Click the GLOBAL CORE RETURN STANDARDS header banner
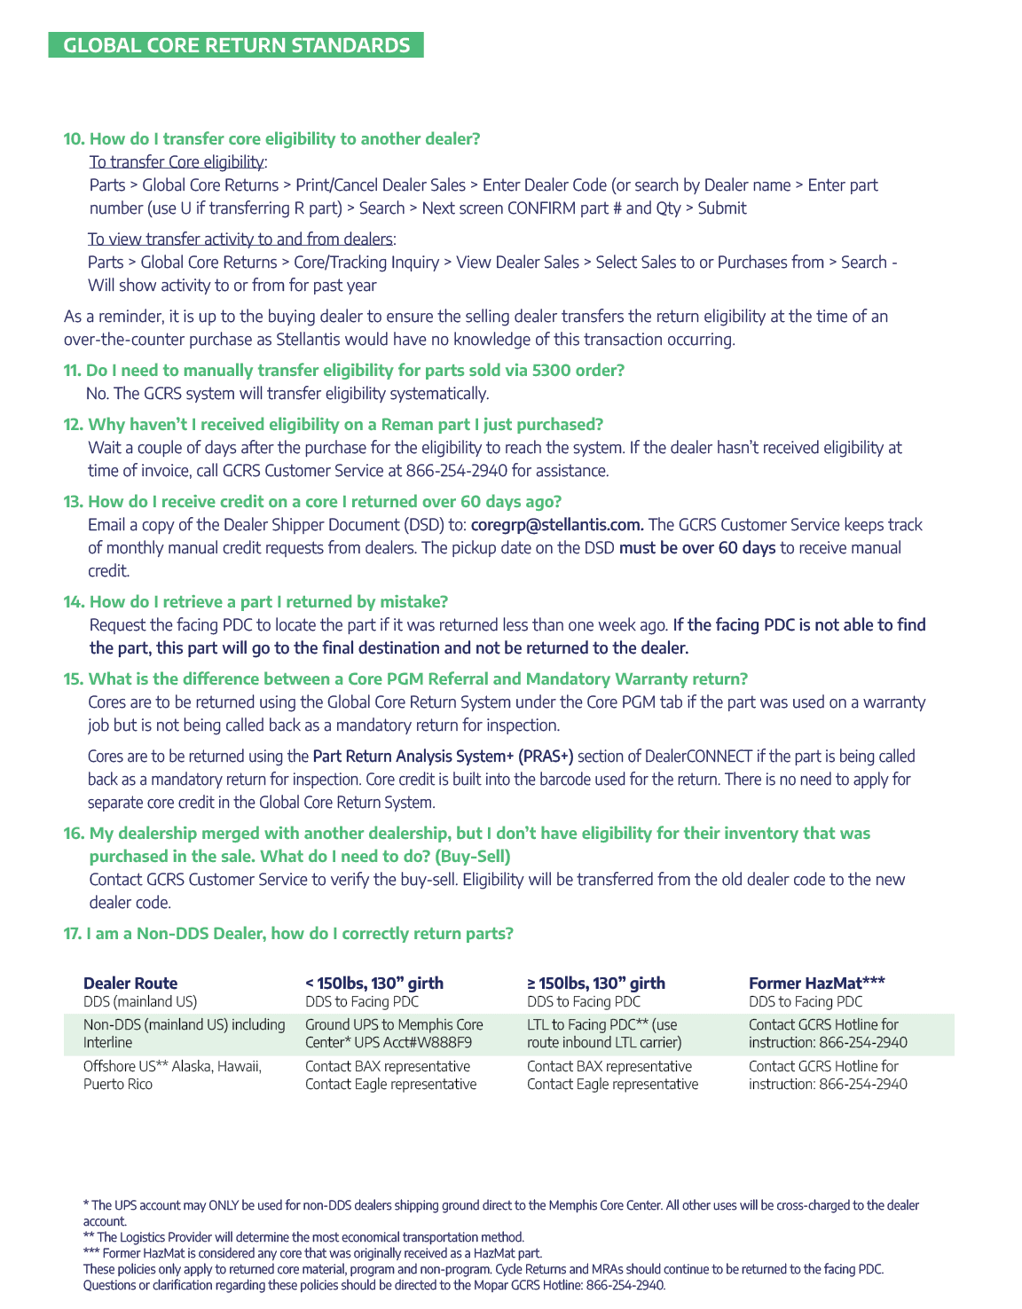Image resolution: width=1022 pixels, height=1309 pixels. (x=236, y=45)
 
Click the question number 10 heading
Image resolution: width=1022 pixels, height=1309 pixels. (x=271, y=138)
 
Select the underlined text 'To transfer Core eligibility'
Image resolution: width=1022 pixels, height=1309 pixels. (x=177, y=161)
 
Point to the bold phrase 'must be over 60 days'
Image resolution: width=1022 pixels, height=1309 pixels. (x=697, y=548)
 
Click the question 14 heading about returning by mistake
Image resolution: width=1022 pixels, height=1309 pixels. (x=255, y=601)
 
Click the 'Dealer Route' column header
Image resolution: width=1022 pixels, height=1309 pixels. (x=130, y=983)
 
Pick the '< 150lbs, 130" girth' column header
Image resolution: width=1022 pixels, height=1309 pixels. (x=374, y=983)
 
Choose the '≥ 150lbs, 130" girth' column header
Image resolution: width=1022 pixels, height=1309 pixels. (x=596, y=983)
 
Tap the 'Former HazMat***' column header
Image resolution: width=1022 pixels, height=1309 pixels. (x=817, y=983)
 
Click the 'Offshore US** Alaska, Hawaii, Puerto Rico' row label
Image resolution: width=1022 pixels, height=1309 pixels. (x=172, y=1075)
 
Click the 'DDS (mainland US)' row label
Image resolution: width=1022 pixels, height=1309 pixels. (x=140, y=1002)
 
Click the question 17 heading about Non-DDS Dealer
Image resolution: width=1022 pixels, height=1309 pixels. (x=288, y=933)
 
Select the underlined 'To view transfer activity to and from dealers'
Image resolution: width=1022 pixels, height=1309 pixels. (x=240, y=239)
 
